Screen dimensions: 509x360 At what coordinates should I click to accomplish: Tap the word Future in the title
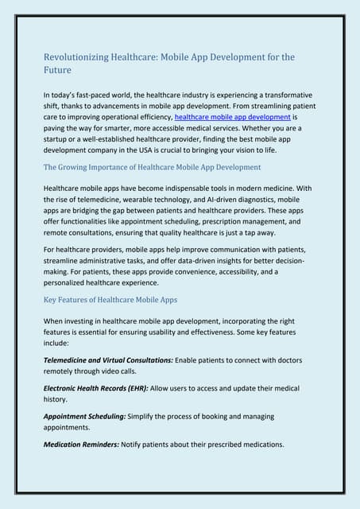click(x=56, y=70)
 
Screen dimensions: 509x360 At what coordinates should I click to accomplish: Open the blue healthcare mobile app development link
click(x=232, y=116)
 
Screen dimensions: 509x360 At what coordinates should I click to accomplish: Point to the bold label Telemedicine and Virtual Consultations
click(x=107, y=360)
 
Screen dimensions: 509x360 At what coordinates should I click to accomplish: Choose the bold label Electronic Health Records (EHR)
click(x=95, y=387)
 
